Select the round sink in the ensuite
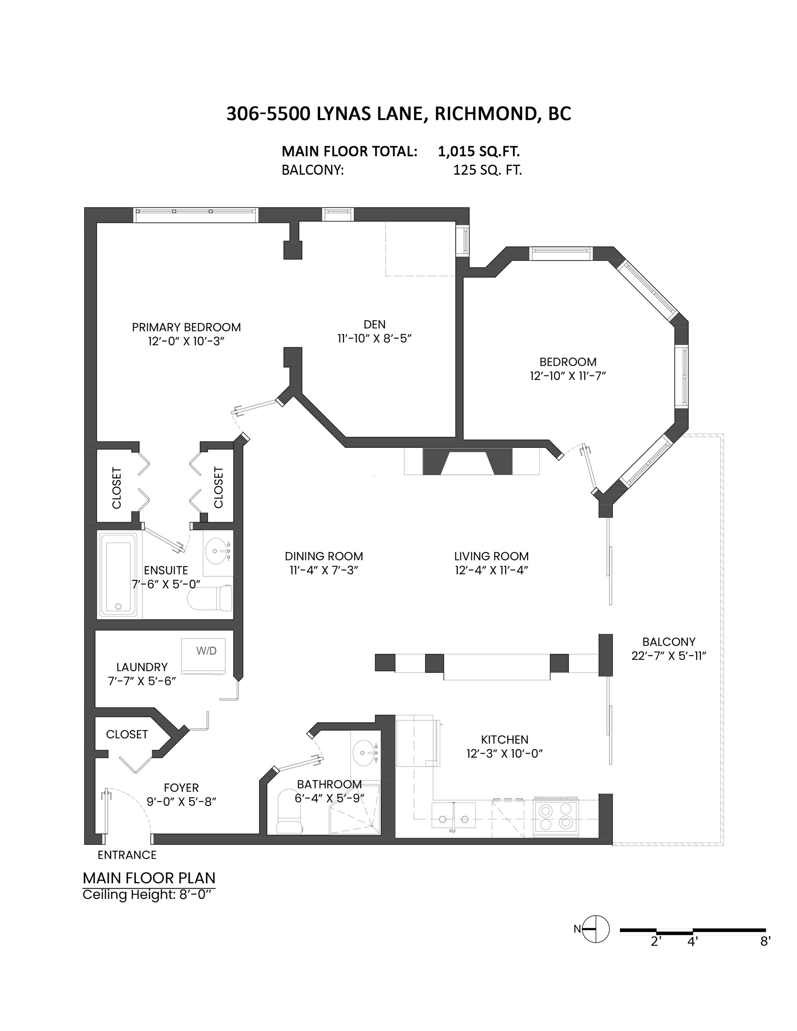[x=218, y=551]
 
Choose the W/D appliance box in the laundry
[x=203, y=656]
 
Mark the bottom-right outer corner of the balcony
[x=723, y=845]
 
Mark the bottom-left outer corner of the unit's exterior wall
[x=85, y=844]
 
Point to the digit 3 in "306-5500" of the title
[x=231, y=114]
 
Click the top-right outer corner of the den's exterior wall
[x=469, y=208]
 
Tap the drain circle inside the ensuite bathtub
[x=119, y=607]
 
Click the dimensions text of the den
[x=375, y=338]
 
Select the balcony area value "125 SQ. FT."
[x=488, y=170]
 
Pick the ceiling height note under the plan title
[x=149, y=895]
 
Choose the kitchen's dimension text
[x=505, y=754]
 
